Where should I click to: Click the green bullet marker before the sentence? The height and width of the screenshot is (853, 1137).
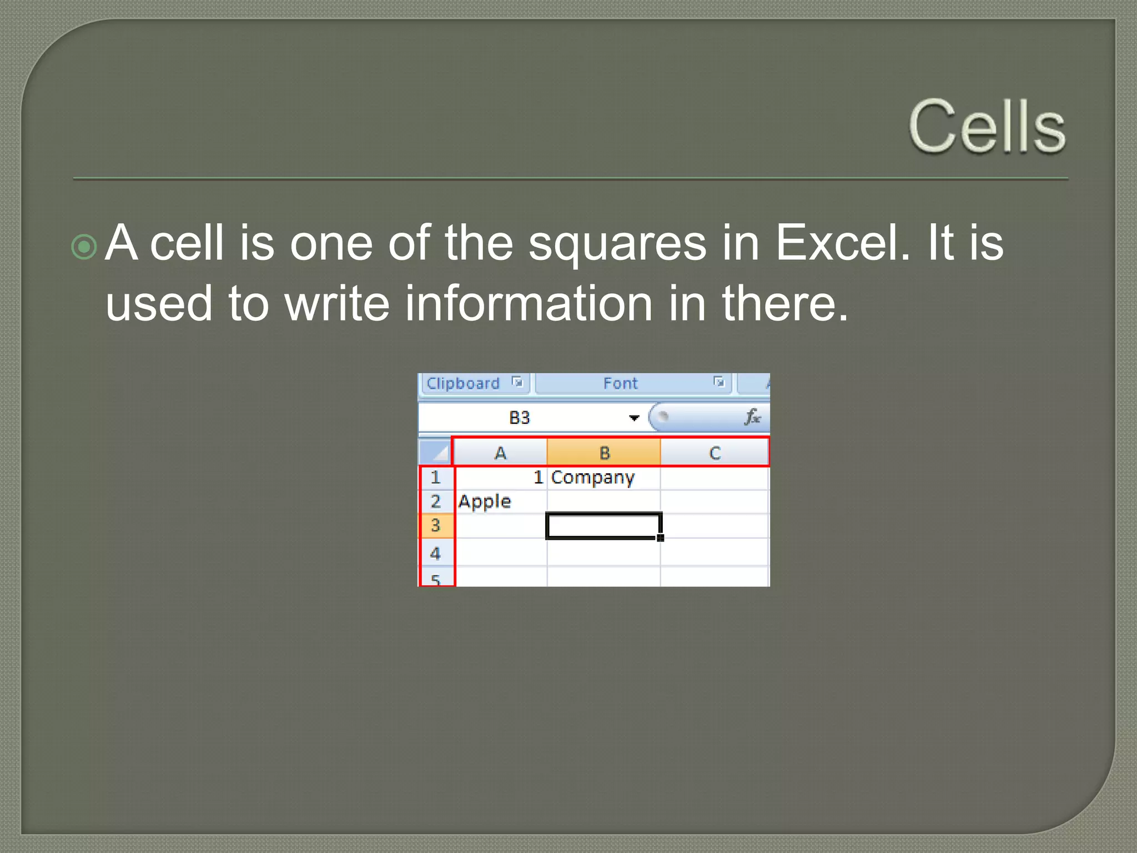pos(84,247)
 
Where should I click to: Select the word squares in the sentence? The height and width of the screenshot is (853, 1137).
pos(617,243)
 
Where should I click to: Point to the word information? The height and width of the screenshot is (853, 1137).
pos(528,303)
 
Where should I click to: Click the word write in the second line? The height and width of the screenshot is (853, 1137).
pos(336,303)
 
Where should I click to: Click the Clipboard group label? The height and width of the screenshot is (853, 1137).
pos(463,383)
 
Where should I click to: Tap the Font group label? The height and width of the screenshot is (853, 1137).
pos(620,383)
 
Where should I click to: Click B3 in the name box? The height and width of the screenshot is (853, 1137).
pos(520,418)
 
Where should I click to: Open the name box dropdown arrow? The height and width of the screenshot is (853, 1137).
pos(634,418)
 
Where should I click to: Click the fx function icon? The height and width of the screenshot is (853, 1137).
pos(752,417)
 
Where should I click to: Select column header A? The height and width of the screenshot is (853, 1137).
pos(500,453)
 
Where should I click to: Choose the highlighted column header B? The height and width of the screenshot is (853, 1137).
pos(605,453)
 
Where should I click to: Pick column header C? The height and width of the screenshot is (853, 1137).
pos(715,453)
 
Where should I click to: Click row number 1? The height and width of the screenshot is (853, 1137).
pos(436,477)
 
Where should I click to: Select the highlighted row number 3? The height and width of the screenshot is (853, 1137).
pos(436,525)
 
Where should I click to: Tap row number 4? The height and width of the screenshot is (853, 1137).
pos(436,553)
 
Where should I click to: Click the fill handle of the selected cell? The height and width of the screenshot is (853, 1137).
pos(661,538)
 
